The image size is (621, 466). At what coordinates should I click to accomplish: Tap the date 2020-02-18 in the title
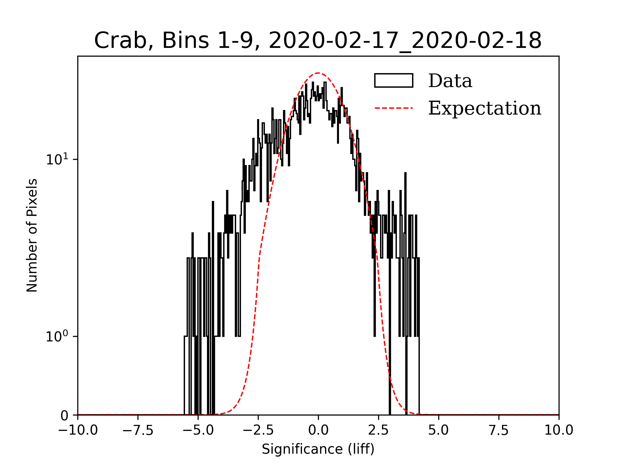tap(477, 41)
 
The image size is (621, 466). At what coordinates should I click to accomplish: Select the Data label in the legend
tap(450, 81)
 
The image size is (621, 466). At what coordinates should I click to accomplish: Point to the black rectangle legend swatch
tap(394, 81)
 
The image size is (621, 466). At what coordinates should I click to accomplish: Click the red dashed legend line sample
tap(394, 108)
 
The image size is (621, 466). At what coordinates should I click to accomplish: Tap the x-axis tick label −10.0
tap(78, 430)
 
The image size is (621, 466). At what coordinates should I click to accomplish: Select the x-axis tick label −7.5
tap(138, 430)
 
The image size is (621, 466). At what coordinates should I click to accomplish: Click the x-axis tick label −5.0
tap(198, 430)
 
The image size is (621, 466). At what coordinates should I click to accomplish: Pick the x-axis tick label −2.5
tap(258, 430)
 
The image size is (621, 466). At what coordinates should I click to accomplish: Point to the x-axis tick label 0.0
tap(318, 430)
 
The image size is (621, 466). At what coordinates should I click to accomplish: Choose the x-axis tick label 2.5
tap(378, 430)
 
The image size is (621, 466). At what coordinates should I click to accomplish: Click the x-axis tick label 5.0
tap(439, 430)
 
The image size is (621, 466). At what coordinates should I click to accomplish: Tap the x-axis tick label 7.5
tap(499, 430)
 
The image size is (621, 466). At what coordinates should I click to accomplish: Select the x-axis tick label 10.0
tap(559, 430)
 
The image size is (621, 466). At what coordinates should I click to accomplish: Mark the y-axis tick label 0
tap(64, 416)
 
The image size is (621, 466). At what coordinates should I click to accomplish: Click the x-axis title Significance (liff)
tap(318, 449)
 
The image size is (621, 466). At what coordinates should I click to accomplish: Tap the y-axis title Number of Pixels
tap(32, 235)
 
